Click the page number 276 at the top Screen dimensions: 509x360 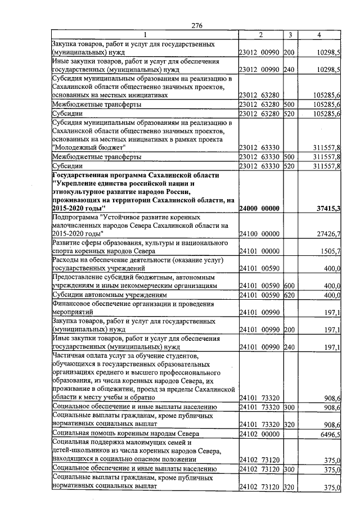pos(196,26)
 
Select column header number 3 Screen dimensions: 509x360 pos(290,35)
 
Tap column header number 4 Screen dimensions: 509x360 pos(319,35)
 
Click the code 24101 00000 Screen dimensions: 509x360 pos(259,251)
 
